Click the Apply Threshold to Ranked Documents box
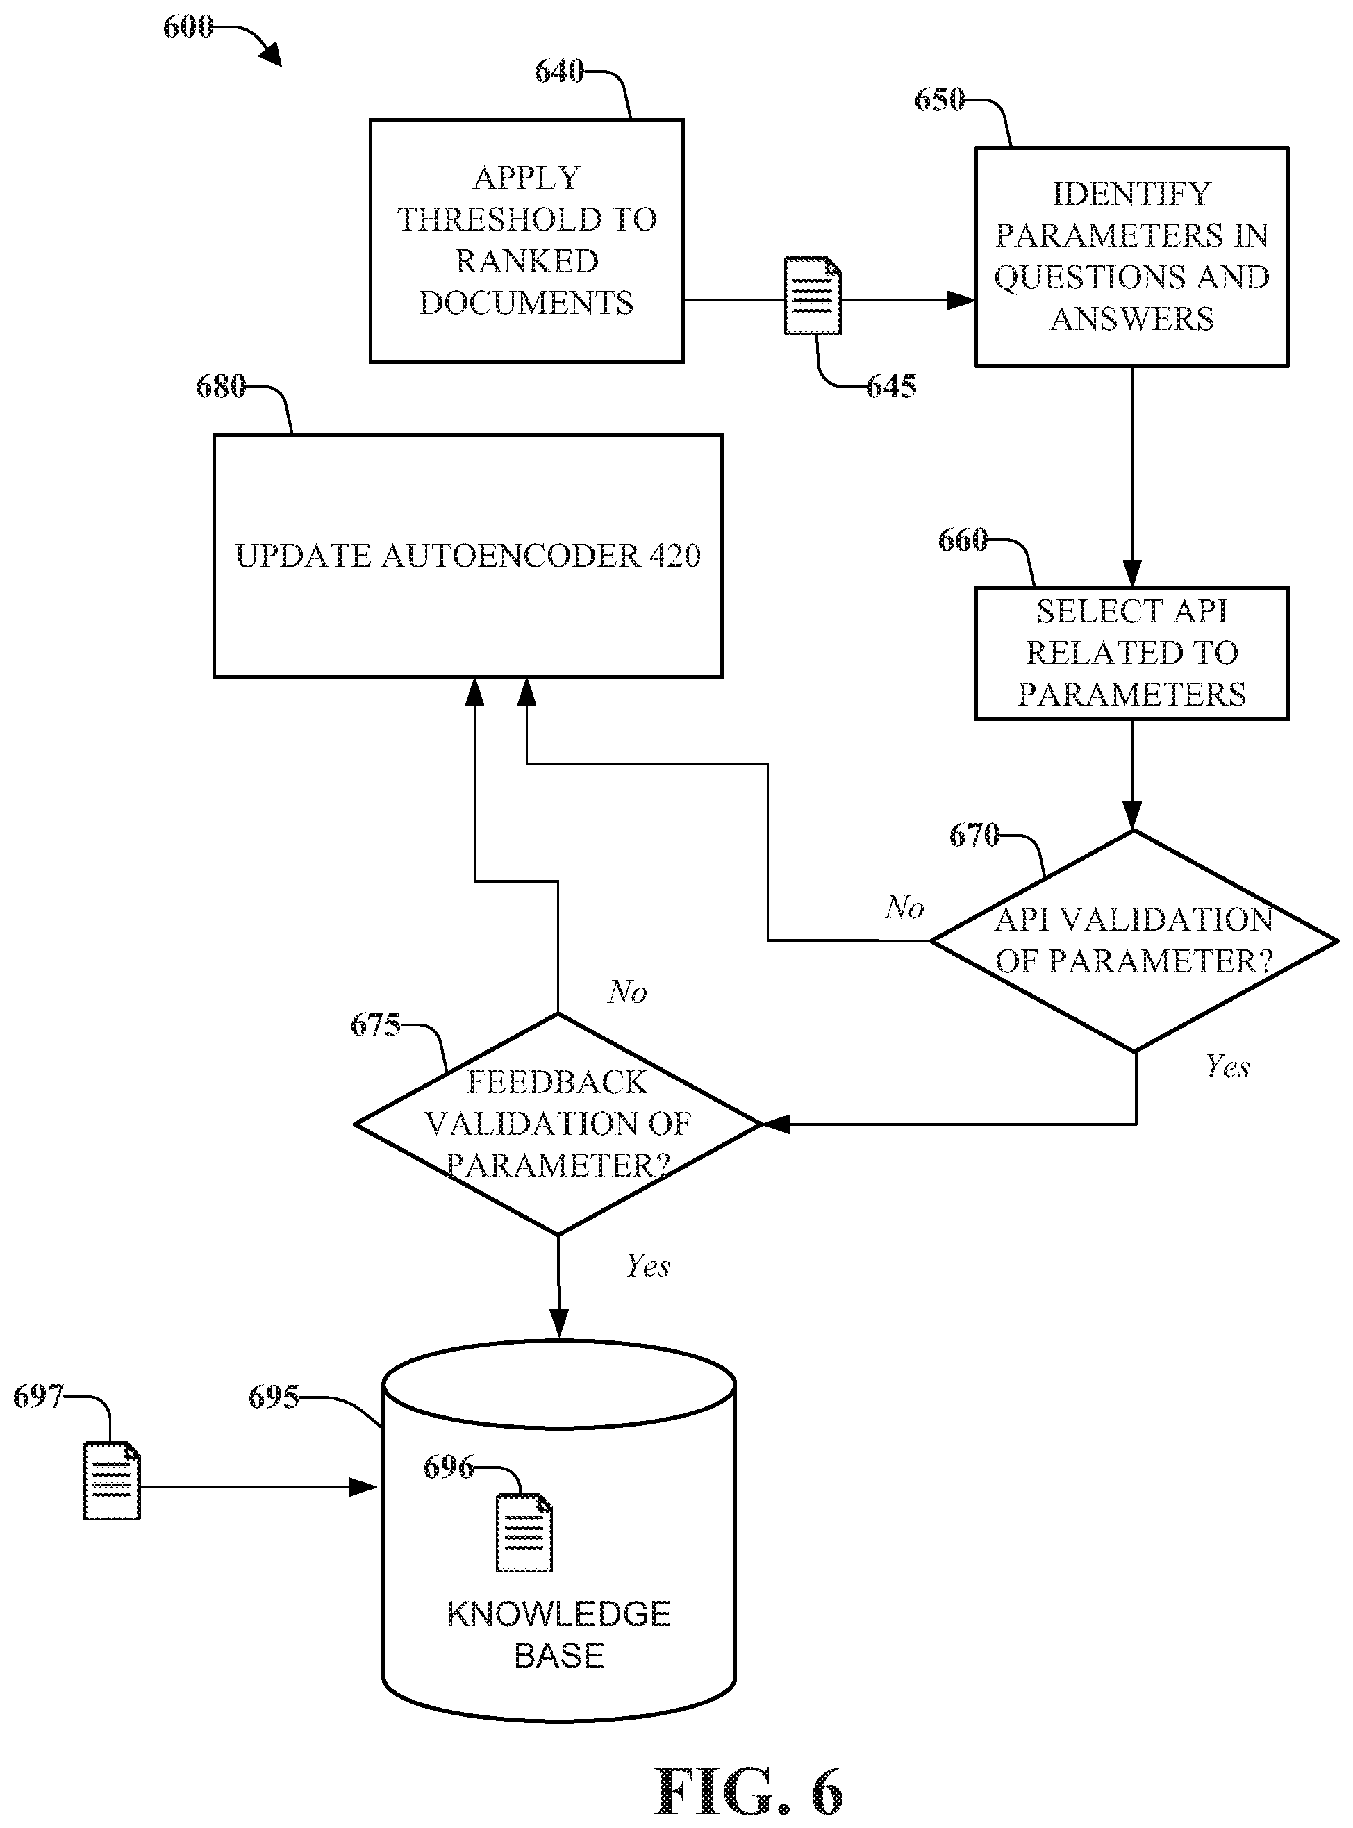(x=526, y=241)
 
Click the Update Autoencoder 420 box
(x=467, y=556)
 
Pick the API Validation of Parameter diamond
(x=1134, y=941)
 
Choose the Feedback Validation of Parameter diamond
(x=558, y=1124)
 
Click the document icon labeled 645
(x=813, y=296)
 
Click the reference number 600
(x=188, y=27)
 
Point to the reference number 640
(x=559, y=72)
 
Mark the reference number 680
(x=220, y=387)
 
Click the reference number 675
(x=375, y=1024)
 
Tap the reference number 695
(x=274, y=1397)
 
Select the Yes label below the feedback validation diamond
(x=648, y=1265)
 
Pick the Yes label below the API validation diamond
(x=1227, y=1066)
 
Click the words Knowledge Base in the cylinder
(x=558, y=1635)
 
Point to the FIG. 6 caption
(x=749, y=1792)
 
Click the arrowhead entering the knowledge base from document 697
(x=365, y=1486)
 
